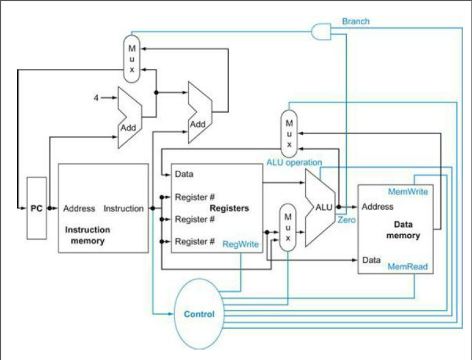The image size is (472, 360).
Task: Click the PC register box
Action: (36, 208)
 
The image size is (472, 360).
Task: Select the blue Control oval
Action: (200, 314)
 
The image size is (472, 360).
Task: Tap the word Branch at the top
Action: (355, 21)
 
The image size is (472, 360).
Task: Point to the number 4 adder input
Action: (96, 97)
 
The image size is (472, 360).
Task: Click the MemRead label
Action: (407, 267)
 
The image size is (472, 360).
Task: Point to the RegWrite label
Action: (241, 243)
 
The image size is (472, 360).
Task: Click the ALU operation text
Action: (294, 162)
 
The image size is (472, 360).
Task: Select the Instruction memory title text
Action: (88, 235)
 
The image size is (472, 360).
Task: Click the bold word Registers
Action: (229, 208)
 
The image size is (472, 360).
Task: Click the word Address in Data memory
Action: (377, 207)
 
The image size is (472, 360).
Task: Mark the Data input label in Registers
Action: (184, 174)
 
